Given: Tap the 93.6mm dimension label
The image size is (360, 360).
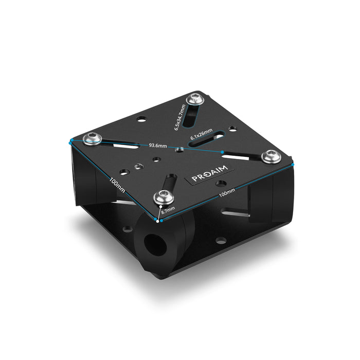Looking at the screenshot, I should point(158,146).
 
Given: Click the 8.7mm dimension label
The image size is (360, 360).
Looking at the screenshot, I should point(168,210).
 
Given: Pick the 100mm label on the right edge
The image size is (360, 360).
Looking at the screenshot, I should point(227,192).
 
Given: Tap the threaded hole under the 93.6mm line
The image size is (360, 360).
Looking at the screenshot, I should point(179,149).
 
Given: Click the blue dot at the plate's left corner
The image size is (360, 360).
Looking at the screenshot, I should point(68,140).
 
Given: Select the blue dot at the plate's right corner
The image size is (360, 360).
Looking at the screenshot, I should point(294,164).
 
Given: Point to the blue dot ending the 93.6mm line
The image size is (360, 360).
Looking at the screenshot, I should point(222,152).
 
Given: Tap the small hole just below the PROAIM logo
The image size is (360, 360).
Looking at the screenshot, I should point(220,184).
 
